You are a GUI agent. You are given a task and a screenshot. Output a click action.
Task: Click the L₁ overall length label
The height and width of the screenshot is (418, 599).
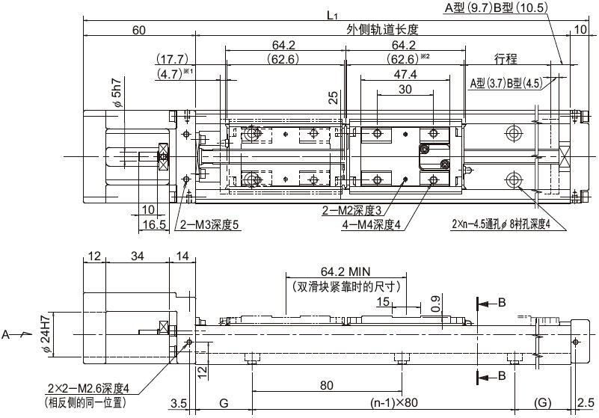[x=332, y=15]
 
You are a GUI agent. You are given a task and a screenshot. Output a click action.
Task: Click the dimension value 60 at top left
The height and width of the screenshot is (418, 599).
[x=138, y=30]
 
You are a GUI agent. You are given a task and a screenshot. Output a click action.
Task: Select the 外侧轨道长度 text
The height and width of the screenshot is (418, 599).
[x=383, y=30]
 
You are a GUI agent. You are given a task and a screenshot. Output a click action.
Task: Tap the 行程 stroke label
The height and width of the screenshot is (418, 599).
[x=506, y=59]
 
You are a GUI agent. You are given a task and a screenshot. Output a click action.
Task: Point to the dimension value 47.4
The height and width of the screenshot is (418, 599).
[x=405, y=74]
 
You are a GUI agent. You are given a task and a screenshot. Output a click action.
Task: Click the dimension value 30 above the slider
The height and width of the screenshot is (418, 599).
[x=405, y=89]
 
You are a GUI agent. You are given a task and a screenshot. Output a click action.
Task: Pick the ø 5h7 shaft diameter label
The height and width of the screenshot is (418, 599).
[x=118, y=93]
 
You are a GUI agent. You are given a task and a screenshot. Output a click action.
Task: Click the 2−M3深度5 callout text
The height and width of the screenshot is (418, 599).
[x=209, y=225]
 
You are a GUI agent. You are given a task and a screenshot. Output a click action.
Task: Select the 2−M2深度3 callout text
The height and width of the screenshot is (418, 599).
[x=351, y=211]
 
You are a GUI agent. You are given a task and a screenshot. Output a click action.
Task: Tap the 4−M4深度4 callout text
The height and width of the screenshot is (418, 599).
[x=372, y=225]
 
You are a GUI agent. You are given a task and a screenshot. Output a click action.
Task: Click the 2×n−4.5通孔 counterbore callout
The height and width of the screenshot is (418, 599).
[x=501, y=224]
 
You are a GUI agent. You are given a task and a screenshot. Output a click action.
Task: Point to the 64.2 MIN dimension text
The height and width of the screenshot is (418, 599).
[x=345, y=271]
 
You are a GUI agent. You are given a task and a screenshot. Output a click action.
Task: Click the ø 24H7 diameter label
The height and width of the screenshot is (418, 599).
[x=46, y=334]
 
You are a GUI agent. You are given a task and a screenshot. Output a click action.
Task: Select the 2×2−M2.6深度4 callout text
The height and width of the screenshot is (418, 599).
[x=89, y=389]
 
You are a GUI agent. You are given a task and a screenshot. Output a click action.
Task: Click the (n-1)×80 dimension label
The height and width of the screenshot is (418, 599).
[x=394, y=402]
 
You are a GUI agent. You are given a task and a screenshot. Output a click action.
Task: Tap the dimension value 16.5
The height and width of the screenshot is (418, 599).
[x=154, y=224]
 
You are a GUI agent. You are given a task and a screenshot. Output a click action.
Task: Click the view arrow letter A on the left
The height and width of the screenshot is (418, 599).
[x=5, y=335]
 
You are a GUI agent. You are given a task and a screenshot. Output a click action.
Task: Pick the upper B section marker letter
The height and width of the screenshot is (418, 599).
[x=502, y=303]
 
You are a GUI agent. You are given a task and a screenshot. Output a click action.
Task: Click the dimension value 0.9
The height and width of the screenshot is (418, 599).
[x=435, y=303]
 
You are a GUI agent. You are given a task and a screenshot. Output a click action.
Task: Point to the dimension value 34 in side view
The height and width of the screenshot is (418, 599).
[x=137, y=256]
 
